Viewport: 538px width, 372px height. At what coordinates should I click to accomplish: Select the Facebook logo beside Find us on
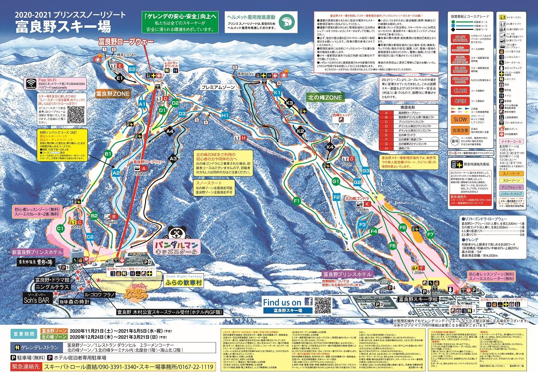(x=307, y=302)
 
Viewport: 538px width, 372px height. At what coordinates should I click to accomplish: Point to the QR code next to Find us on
(x=322, y=305)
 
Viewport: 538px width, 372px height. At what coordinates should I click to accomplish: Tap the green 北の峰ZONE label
(x=324, y=97)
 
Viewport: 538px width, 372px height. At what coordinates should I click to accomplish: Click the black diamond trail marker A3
(x=173, y=158)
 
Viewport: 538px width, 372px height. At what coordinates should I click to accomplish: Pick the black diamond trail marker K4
(x=330, y=147)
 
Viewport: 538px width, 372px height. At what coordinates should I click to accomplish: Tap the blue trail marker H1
(x=225, y=115)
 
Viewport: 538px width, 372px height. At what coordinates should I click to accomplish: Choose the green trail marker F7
(x=430, y=235)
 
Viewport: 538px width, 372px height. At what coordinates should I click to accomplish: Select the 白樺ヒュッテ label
(x=341, y=114)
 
